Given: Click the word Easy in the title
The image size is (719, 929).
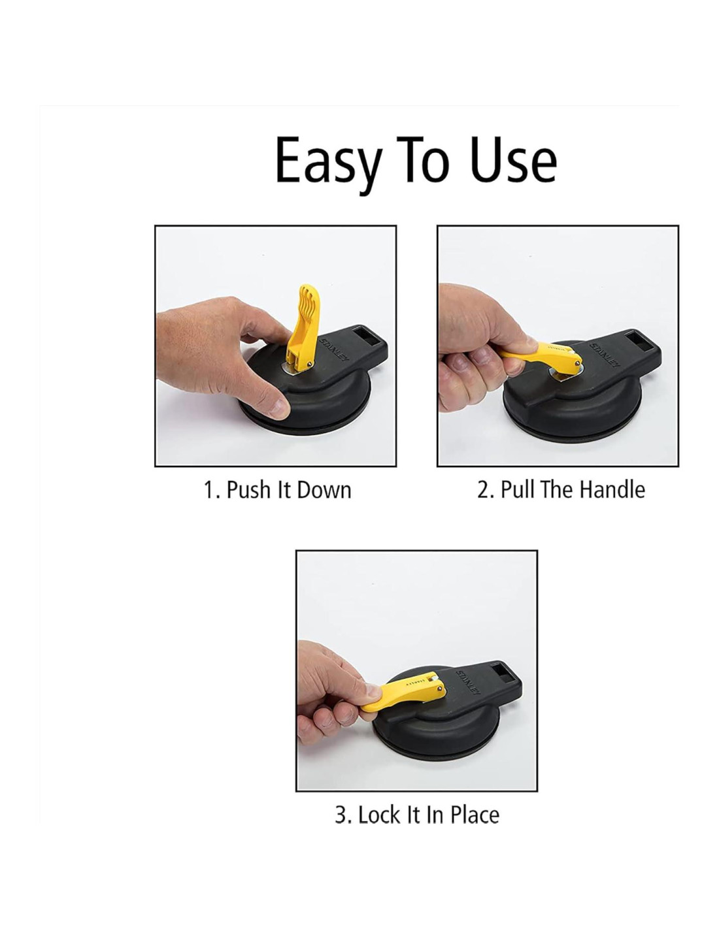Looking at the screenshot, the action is point(328,165).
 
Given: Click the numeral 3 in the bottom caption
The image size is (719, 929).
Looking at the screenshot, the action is point(341,815).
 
